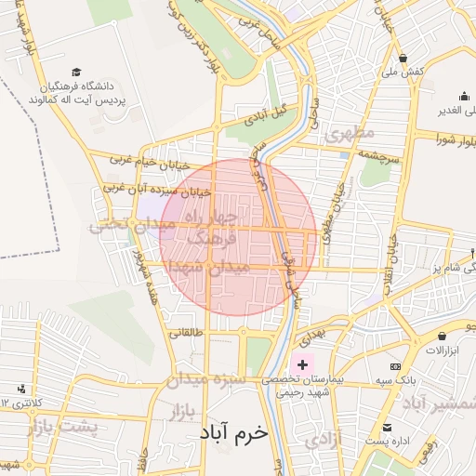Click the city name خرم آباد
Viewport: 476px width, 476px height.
[232, 433]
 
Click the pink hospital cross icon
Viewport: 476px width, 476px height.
[302, 364]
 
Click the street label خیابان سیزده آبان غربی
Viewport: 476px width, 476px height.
[157, 192]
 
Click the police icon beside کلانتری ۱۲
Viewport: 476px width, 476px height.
[21, 389]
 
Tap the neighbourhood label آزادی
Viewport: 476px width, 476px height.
[324, 438]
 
